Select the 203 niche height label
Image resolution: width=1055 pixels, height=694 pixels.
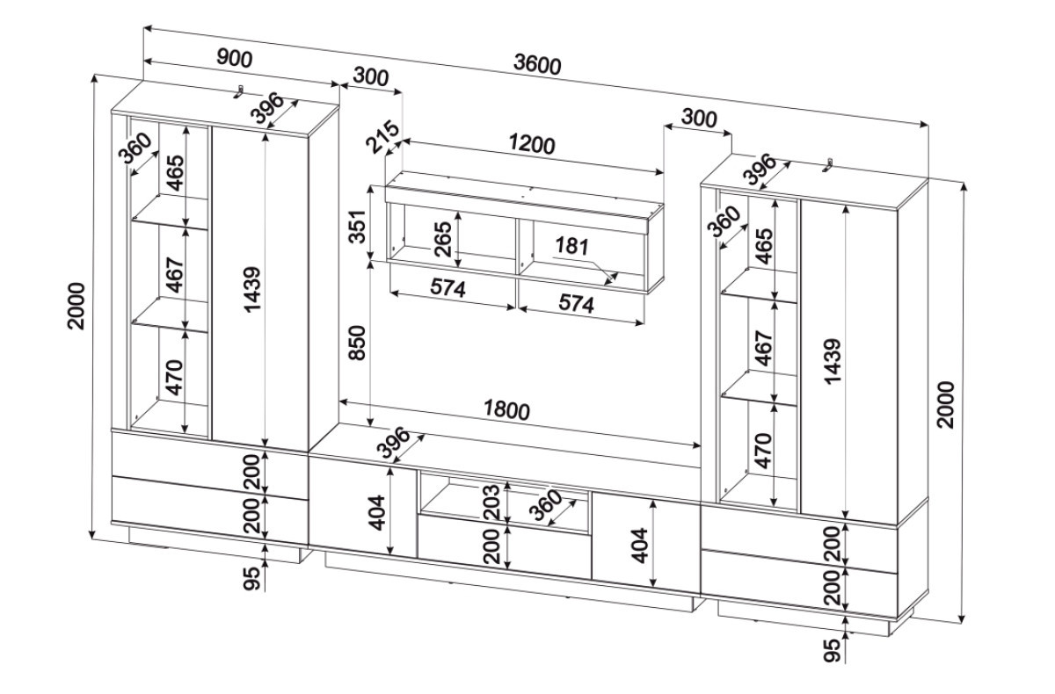click(493, 501)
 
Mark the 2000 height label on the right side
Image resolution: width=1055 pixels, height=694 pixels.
click(945, 404)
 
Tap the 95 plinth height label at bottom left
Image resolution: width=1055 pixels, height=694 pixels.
click(252, 578)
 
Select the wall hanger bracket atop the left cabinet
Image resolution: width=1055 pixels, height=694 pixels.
click(239, 91)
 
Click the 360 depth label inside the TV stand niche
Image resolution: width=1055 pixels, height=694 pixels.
click(545, 506)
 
